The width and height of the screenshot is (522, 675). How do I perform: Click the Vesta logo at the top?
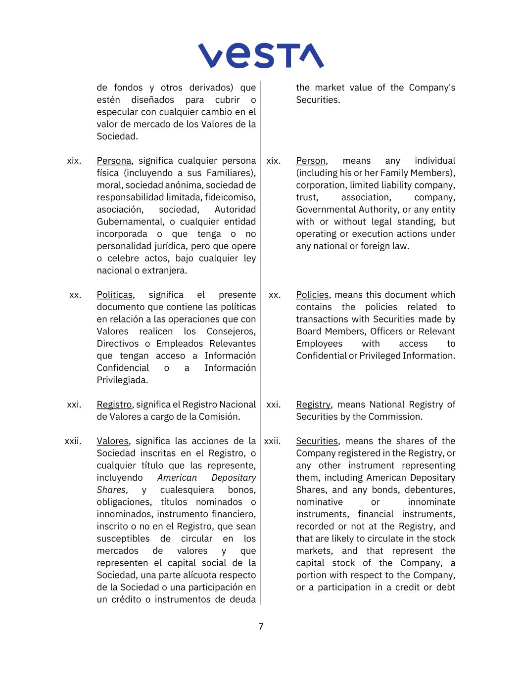point(261,55)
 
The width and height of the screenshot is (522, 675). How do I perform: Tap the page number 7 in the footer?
point(261,627)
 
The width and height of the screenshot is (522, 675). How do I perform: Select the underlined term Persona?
point(114,161)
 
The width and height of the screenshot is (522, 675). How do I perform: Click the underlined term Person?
point(311,161)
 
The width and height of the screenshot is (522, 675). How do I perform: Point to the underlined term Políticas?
point(115,295)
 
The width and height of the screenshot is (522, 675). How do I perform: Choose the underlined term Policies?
point(312,295)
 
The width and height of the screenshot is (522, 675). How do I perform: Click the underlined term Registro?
point(114,405)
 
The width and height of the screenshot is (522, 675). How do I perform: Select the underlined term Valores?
point(112,441)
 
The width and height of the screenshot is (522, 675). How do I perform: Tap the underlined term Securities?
point(317,441)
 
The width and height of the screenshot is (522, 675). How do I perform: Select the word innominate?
point(431,502)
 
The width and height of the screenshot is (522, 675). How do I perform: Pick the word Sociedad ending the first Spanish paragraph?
point(117,136)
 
